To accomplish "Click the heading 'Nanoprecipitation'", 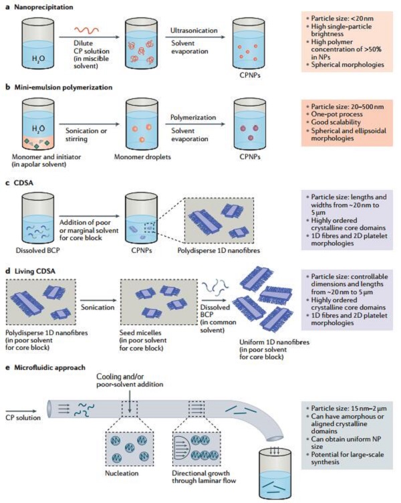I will (x=41, y=5).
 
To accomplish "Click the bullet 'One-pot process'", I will (x=331, y=115).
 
